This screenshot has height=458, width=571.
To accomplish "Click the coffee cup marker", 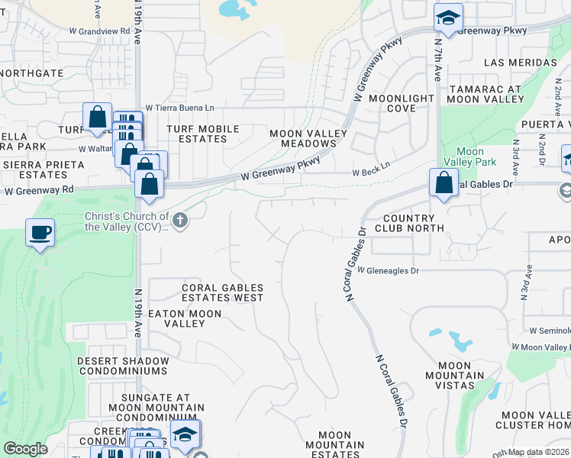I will click(x=40, y=233).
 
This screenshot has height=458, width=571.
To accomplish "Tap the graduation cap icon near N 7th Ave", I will click(x=448, y=18).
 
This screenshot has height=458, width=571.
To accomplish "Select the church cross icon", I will click(x=180, y=221).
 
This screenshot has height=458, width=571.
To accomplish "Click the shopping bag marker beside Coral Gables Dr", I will click(x=444, y=182).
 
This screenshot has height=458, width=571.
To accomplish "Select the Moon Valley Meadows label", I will click(x=308, y=138).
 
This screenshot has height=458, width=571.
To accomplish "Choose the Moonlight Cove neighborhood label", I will click(x=402, y=104).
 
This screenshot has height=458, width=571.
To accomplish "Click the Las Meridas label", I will click(x=521, y=63).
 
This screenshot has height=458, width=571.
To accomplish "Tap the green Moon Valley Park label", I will click(x=476, y=156).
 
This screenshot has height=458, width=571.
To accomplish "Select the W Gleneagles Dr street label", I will click(x=388, y=271).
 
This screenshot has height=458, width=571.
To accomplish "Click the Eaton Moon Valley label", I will click(x=185, y=318).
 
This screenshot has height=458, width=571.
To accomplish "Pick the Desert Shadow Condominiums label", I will click(x=122, y=366).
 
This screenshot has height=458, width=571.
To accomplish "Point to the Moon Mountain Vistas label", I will click(x=454, y=370).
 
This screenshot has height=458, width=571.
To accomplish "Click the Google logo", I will click(x=26, y=449).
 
